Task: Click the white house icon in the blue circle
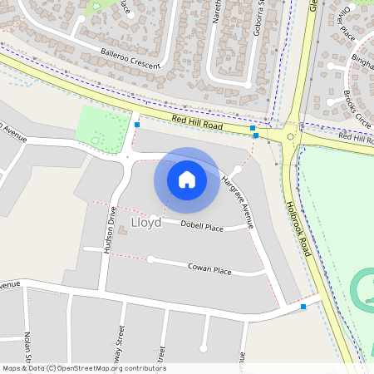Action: (x=187, y=180)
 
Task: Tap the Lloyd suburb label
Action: (x=146, y=222)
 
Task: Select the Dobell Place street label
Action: (x=202, y=226)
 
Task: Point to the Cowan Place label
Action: (x=209, y=269)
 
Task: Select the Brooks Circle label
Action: (x=357, y=107)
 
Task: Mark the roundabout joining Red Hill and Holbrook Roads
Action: (x=291, y=136)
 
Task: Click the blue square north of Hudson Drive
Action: (x=136, y=125)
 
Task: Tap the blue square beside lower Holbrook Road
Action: (x=303, y=307)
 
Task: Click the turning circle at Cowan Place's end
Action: (x=150, y=259)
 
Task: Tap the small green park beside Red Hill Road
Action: (x=101, y=130)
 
